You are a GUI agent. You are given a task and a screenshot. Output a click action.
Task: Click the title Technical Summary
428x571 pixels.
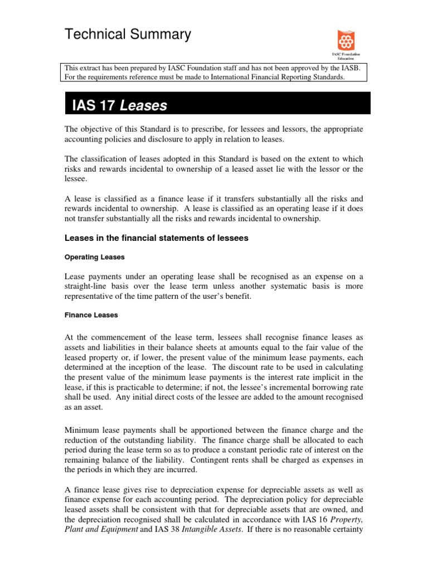tap(128, 35)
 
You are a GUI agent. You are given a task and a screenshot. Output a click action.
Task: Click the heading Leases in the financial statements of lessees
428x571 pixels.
tap(156, 239)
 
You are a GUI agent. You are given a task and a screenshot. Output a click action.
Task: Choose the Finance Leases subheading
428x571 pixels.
tap(91, 315)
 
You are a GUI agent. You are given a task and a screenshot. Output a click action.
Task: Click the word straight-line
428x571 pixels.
tap(87, 287)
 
